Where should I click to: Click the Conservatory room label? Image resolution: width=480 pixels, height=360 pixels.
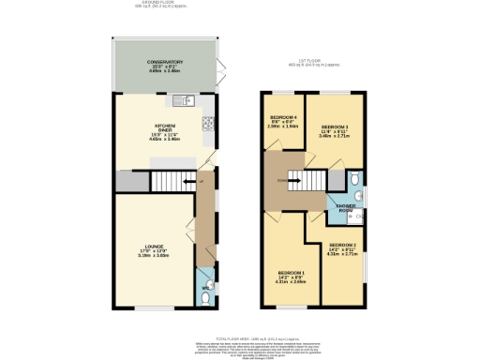point(164,65)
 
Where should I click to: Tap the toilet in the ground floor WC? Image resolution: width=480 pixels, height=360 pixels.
point(207,298)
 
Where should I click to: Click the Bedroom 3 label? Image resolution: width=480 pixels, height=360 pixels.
point(335,126)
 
